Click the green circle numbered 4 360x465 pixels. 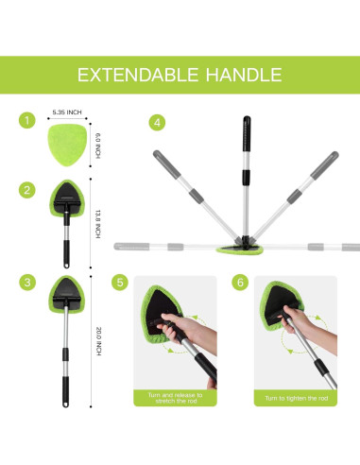pos(157,121)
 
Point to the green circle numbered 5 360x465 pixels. pos(118,282)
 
